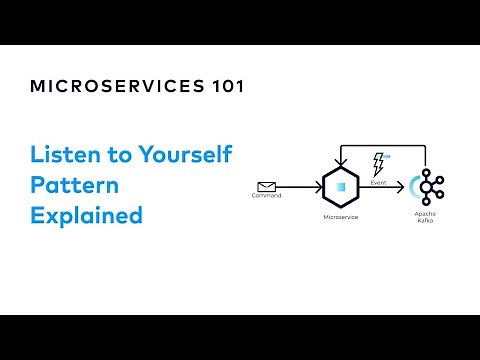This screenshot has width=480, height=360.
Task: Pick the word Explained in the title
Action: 86,215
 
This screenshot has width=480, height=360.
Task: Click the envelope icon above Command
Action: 266,185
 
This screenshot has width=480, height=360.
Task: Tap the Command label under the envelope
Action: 266,196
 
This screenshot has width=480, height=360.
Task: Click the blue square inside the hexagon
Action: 342,187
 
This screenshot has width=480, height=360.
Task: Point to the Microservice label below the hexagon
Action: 341,216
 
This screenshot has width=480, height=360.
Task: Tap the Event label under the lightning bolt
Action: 379,183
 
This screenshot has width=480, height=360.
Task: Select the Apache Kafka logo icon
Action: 432,187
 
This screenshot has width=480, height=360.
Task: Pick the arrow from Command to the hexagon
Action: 300,187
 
